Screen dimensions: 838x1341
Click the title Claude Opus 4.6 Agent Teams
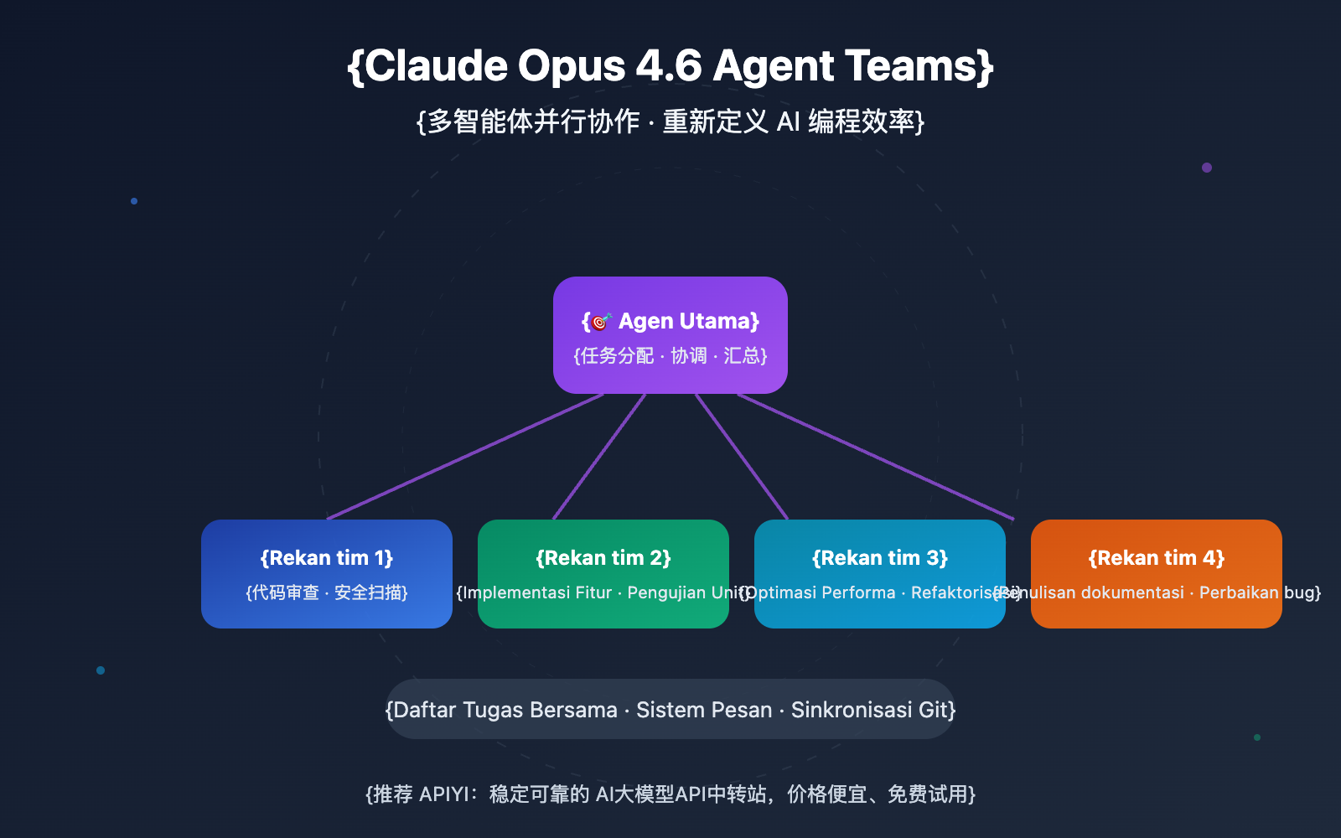pyautogui.click(x=670, y=66)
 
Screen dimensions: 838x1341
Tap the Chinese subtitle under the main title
pyautogui.click(x=670, y=122)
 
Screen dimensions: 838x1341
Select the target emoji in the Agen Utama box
pyautogui.click(x=601, y=322)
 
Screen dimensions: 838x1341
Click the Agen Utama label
pyautogui.click(x=688, y=322)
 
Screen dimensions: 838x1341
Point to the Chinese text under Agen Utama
pyautogui.click(x=670, y=356)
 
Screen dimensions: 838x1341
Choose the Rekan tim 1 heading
pyautogui.click(x=327, y=558)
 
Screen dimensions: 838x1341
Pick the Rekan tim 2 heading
pyautogui.click(x=603, y=558)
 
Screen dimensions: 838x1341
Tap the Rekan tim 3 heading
pyautogui.click(x=880, y=558)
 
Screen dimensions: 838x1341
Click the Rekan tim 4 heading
pyautogui.click(x=1157, y=558)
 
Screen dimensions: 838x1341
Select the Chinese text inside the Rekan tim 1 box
pyautogui.click(x=327, y=593)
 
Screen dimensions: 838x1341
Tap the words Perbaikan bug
pyautogui.click(x=1256, y=593)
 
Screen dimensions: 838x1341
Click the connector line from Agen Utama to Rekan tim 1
pyautogui.click(x=465, y=457)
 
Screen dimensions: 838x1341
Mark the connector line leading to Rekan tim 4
pyautogui.click(x=876, y=457)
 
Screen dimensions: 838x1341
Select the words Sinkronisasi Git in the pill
pyautogui.click(x=872, y=711)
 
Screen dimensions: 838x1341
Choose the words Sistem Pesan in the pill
pyautogui.click(x=704, y=711)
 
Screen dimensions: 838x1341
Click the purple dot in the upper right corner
pyautogui.click(x=1207, y=168)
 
